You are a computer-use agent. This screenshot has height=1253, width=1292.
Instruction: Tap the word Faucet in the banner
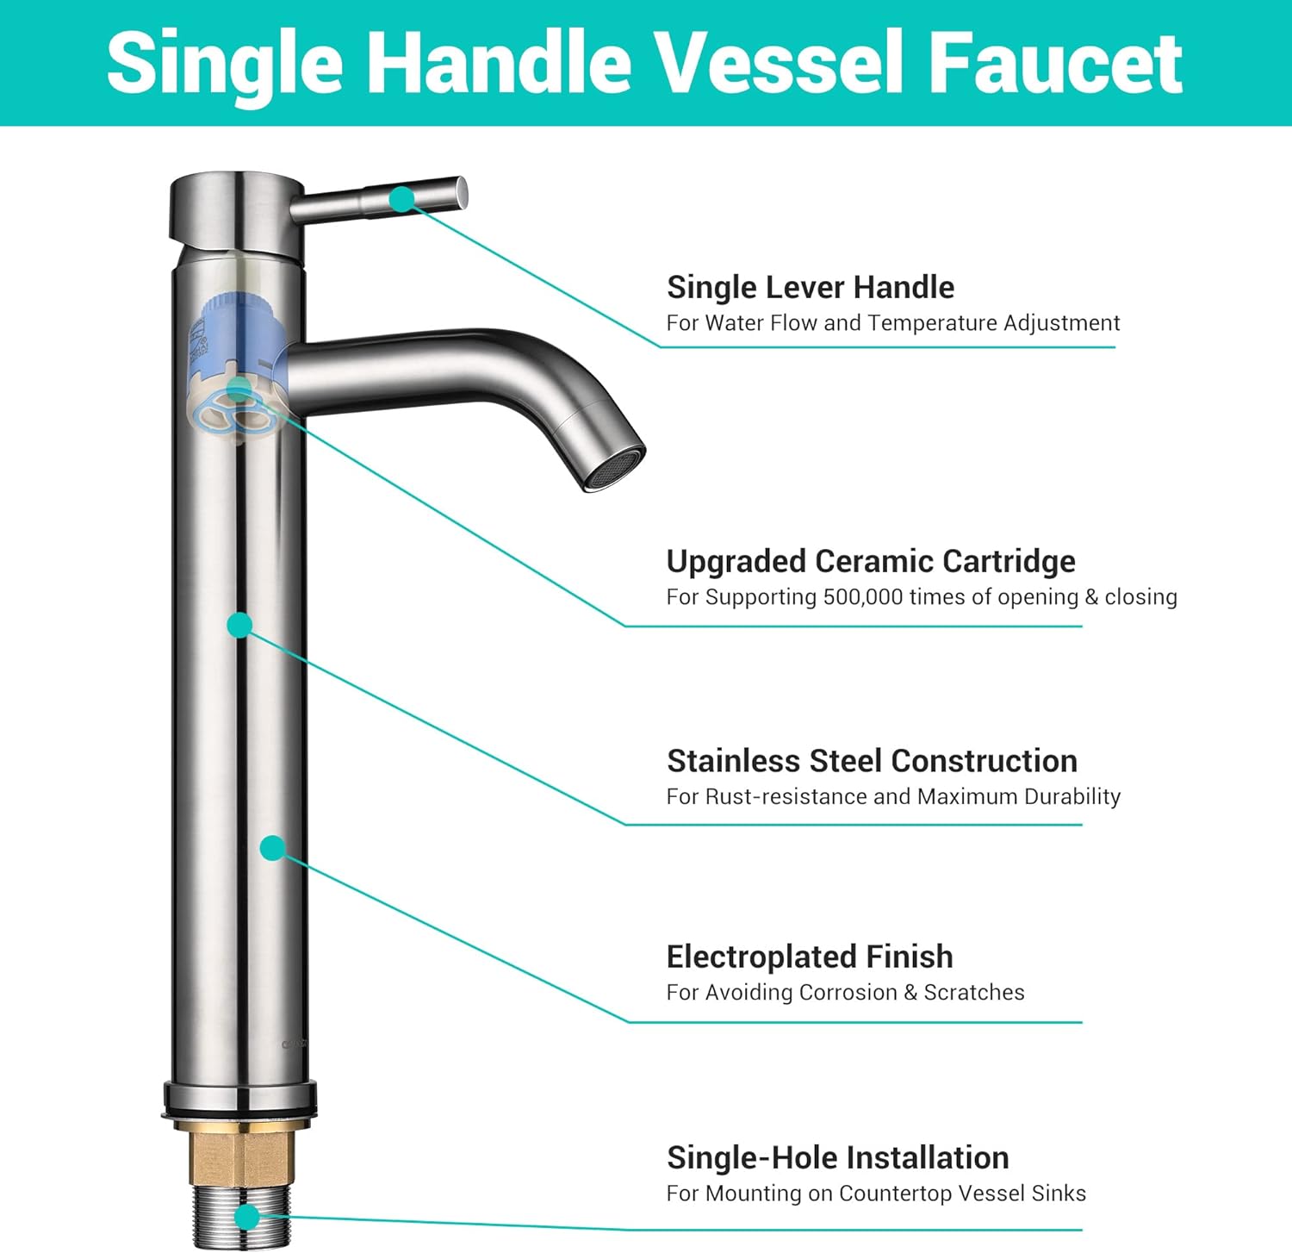coord(1056,62)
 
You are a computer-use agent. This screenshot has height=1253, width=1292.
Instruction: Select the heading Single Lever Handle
coord(811,287)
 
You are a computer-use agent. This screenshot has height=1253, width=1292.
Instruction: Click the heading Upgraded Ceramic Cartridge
coord(871,561)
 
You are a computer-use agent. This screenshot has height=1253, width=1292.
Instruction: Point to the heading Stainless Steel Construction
coord(872,761)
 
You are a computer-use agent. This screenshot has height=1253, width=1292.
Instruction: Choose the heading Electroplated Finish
coord(810,957)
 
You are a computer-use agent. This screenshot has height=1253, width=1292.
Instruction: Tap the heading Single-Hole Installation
coord(837,1157)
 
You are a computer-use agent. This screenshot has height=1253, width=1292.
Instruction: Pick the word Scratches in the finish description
coord(974,993)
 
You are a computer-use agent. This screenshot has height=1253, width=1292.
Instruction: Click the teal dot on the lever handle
coord(401,199)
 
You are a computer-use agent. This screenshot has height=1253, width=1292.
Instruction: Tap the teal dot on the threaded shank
coord(247,1217)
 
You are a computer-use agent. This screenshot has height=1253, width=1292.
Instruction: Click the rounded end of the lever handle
coord(461,192)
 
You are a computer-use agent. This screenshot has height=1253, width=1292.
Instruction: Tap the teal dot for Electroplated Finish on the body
coord(273,848)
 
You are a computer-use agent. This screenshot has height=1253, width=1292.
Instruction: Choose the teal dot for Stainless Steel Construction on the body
coord(240,625)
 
